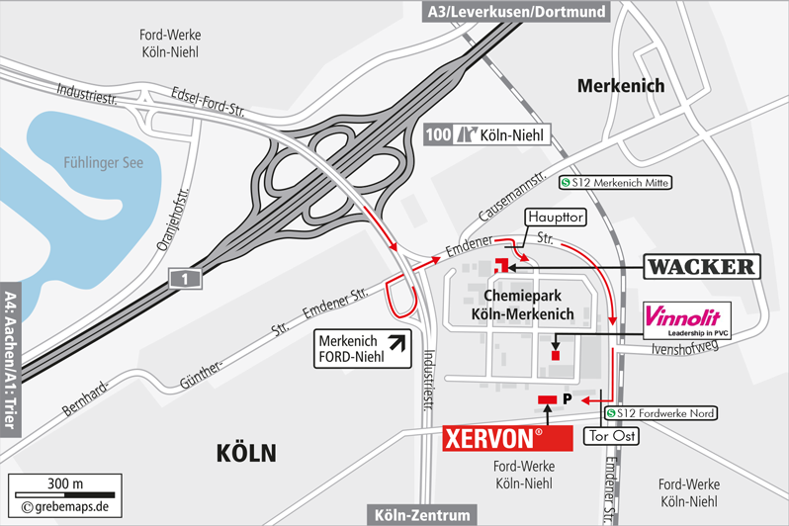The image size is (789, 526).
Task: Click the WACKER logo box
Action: [x=701, y=266]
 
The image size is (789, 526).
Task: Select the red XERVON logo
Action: [x=506, y=437]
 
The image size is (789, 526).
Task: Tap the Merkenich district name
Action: [x=620, y=86]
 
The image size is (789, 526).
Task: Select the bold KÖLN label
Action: [x=246, y=453]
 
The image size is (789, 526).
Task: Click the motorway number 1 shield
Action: [x=185, y=280]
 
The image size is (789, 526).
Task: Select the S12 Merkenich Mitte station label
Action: [x=615, y=182]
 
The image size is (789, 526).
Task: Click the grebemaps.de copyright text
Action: [x=65, y=507]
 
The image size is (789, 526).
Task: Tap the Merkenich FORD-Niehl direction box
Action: [x=362, y=349]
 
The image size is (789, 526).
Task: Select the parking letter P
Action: [x=568, y=398]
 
